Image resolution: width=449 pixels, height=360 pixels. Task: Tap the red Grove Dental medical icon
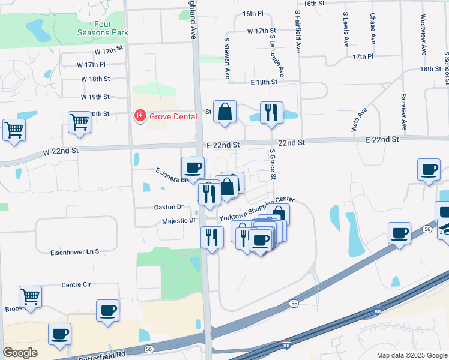[x=140, y=115]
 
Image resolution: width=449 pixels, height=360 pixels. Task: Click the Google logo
[x=20, y=353]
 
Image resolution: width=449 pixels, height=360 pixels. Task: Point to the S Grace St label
[x=273, y=164]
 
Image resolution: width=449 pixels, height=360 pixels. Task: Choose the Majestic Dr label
[x=179, y=221]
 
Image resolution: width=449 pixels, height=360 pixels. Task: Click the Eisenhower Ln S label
[x=74, y=251]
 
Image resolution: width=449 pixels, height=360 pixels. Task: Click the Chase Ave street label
[x=373, y=29]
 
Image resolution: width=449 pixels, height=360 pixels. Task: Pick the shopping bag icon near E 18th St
[x=224, y=112]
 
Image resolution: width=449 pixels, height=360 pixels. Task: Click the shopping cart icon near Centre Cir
[x=30, y=296]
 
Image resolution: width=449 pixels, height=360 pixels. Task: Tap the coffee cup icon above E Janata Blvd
[x=193, y=167]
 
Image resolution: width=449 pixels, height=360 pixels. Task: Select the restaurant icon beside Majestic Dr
[x=212, y=236]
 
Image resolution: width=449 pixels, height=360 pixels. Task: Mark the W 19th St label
[x=95, y=97]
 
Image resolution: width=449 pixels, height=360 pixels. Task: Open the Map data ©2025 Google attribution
[x=411, y=355]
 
